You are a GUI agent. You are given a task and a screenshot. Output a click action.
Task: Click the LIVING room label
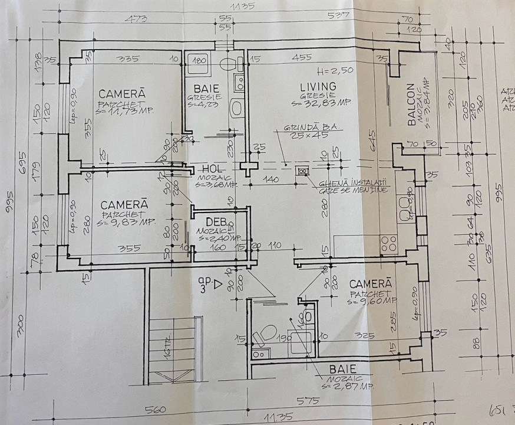[318, 87]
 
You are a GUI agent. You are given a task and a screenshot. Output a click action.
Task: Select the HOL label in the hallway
[211, 169]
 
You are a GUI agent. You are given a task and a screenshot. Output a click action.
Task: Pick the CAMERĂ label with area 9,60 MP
[370, 284]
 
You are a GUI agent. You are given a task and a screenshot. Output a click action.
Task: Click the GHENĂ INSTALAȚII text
[352, 183]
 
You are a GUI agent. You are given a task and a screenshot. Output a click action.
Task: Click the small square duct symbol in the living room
[303, 171]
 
